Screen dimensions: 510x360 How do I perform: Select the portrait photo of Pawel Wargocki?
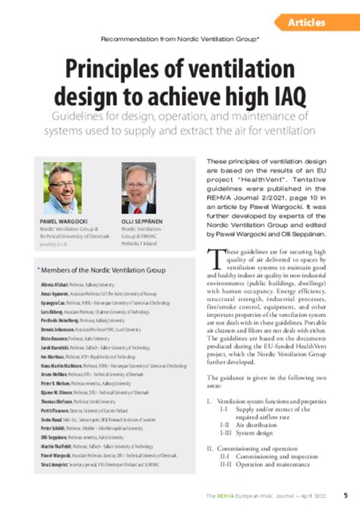coord(63,188)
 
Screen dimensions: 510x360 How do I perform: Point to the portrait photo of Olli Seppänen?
coord(138,188)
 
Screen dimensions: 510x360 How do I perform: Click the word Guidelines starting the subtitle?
coord(82,118)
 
